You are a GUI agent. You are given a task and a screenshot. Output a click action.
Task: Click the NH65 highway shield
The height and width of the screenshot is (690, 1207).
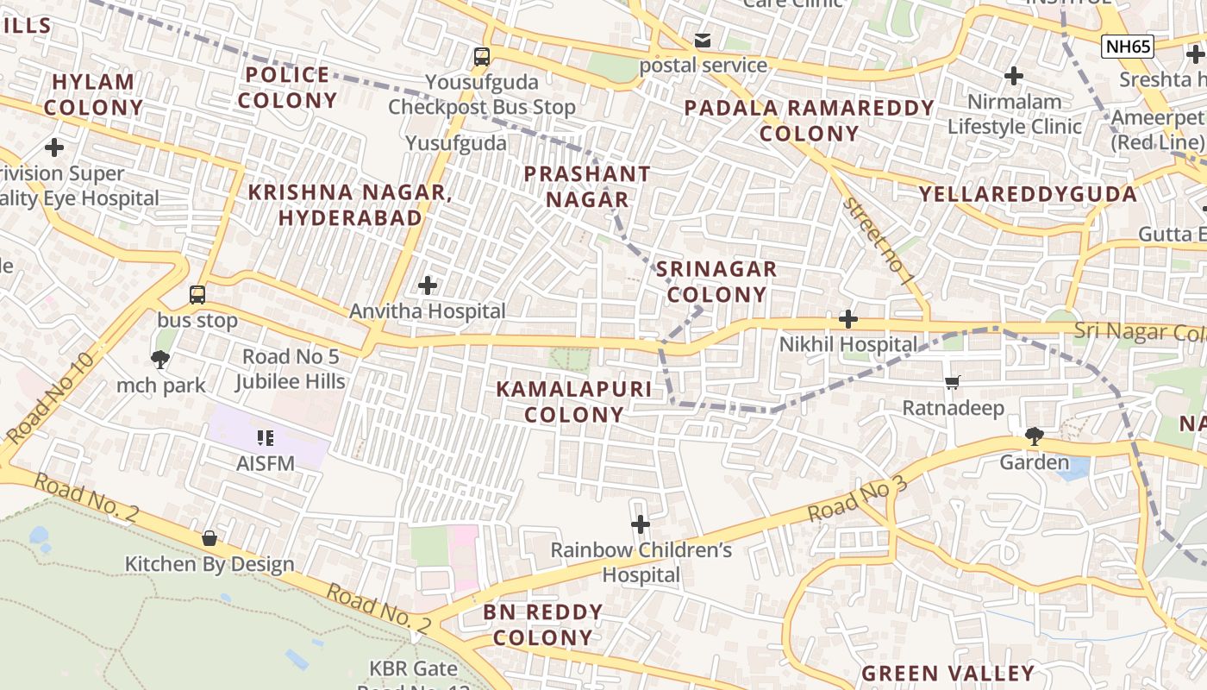pyautogui.click(x=1127, y=47)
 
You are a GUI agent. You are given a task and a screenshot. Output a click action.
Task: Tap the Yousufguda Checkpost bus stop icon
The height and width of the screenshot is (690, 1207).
pyautogui.click(x=481, y=57)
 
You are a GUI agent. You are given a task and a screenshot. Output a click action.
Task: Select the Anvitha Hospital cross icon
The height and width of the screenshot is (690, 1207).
pyautogui.click(x=427, y=285)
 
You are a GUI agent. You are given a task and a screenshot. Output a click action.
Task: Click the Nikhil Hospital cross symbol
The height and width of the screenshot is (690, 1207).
pyautogui.click(x=848, y=319)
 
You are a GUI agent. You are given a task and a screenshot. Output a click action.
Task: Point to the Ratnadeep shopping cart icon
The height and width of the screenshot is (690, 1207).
pyautogui.click(x=953, y=382)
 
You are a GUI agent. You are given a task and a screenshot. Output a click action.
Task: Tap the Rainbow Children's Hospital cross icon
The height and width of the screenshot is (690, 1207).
pyautogui.click(x=641, y=524)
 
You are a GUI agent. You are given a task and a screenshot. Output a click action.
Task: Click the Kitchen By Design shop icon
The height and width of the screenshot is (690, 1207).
pyautogui.click(x=210, y=538)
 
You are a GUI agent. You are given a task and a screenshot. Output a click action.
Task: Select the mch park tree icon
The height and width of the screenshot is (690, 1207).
pyautogui.click(x=160, y=359)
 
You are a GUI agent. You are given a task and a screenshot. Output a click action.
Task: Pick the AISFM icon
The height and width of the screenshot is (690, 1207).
pyautogui.click(x=266, y=438)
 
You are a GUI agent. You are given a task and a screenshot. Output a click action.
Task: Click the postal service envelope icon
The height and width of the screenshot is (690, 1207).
pyautogui.click(x=703, y=41)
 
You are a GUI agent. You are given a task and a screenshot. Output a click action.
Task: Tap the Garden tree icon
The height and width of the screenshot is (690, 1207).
pyautogui.click(x=1034, y=436)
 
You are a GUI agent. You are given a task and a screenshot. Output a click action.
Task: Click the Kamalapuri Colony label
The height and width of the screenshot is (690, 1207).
pyautogui.click(x=574, y=402)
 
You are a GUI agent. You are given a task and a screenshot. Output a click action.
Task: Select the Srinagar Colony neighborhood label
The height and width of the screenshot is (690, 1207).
pyautogui.click(x=716, y=282)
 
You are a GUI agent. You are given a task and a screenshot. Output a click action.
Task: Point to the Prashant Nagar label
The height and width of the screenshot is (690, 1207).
pyautogui.click(x=588, y=186)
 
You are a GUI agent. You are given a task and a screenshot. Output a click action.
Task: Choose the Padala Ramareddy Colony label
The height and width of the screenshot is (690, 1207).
pyautogui.click(x=809, y=121)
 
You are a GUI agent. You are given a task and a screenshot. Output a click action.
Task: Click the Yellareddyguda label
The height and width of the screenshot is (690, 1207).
pyautogui.click(x=1028, y=194)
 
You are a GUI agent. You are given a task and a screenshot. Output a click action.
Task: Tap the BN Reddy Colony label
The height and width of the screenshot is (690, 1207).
pyautogui.click(x=543, y=624)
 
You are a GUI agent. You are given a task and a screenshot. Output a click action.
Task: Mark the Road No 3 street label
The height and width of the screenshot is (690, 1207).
pyautogui.click(x=857, y=499)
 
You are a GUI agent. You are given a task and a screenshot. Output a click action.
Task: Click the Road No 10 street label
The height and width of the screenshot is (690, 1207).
pyautogui.click(x=49, y=398)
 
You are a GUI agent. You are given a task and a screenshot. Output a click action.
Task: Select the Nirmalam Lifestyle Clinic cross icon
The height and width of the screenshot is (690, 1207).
pyautogui.click(x=1014, y=76)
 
